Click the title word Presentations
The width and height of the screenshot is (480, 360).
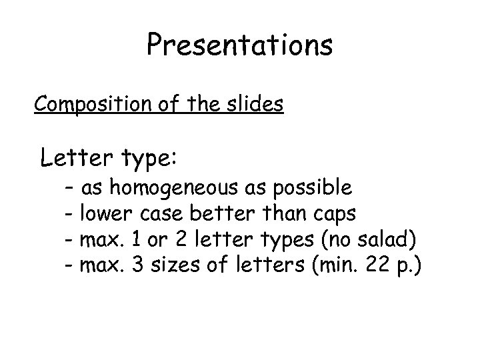[239, 46]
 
